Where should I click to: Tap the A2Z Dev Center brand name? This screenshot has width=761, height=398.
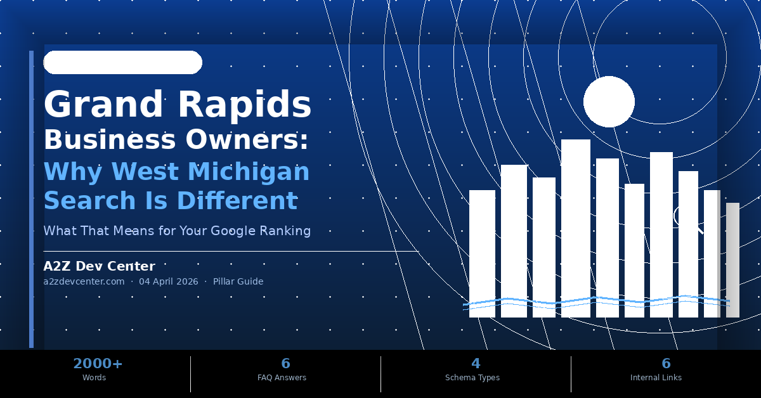(99, 267)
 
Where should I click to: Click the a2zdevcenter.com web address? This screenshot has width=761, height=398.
(84, 281)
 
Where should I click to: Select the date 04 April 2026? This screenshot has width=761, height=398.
(169, 281)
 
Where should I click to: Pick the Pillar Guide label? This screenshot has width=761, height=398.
(238, 281)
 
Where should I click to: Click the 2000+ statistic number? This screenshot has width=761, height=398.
(98, 364)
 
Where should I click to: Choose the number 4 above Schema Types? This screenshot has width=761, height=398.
(475, 364)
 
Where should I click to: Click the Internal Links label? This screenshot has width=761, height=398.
(656, 378)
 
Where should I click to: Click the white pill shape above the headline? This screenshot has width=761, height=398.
(122, 62)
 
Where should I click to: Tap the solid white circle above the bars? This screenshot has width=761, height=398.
(609, 101)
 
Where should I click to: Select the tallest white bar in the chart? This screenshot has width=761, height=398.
(575, 228)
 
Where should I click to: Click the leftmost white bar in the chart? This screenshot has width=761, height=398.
(482, 254)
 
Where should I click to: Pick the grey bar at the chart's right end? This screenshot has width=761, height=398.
(732, 260)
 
